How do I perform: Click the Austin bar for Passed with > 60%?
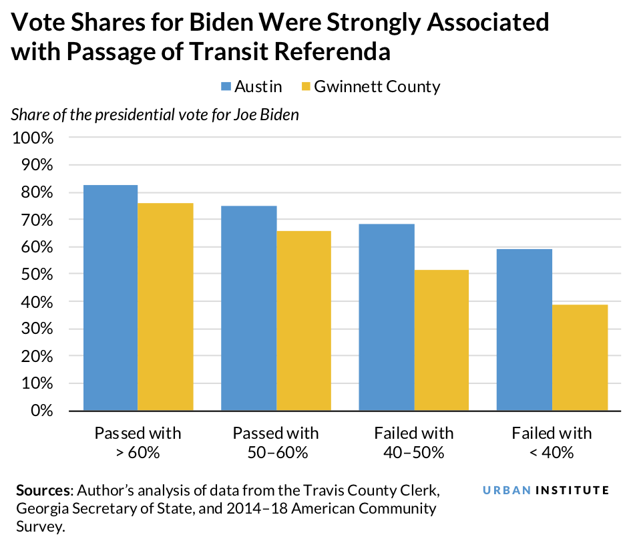pyautogui.click(x=110, y=297)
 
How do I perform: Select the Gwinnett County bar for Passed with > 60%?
pyautogui.click(x=166, y=307)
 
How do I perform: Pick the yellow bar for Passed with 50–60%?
pyautogui.click(x=304, y=321)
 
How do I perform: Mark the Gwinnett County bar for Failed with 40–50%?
pyautogui.click(x=441, y=340)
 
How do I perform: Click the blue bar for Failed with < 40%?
pyautogui.click(x=525, y=329)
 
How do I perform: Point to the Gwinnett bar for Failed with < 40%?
pyautogui.click(x=580, y=357)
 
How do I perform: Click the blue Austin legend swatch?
pyautogui.click(x=225, y=87)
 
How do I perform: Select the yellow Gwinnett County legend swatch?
pyautogui.click(x=306, y=87)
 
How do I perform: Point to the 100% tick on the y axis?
pyautogui.click(x=33, y=138)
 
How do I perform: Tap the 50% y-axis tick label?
pyautogui.click(x=37, y=274)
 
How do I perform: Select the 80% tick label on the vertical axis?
pyautogui.click(x=37, y=193)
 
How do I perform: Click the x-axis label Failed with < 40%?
pyautogui.click(x=552, y=442)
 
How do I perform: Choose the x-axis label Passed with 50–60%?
pyautogui.click(x=276, y=442)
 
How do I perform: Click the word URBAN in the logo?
pyautogui.click(x=507, y=490)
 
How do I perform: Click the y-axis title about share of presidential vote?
pyautogui.click(x=155, y=114)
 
